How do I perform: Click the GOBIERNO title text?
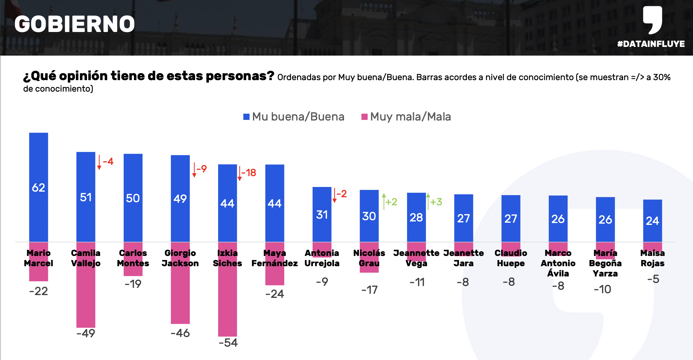(x=75, y=24)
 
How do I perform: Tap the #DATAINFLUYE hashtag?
(x=651, y=44)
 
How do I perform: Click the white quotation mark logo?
(x=653, y=20)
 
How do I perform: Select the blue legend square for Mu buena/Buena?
(x=246, y=117)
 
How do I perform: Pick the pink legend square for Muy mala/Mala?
(x=365, y=117)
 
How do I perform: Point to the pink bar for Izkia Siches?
(x=227, y=304)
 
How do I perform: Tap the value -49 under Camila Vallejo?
(x=86, y=333)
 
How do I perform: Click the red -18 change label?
(x=249, y=173)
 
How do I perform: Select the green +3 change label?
(x=436, y=202)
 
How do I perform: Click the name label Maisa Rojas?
(x=652, y=258)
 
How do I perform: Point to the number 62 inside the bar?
(x=39, y=188)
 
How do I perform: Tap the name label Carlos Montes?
(x=133, y=258)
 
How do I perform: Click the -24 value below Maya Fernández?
(x=275, y=294)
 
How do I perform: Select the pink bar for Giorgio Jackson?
(x=180, y=298)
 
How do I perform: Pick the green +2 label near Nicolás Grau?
(x=391, y=202)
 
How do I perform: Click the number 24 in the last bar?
(x=652, y=221)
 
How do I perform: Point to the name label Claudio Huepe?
(x=511, y=258)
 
